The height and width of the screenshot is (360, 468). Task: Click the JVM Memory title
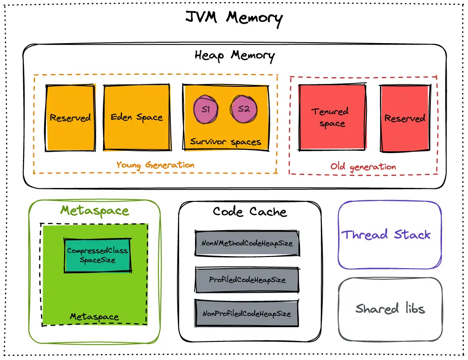coord(234,18)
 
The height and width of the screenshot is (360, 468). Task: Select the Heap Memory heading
coord(234,56)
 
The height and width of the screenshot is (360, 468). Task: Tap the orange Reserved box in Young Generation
coord(70,118)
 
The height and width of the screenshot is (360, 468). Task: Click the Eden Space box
coord(136,117)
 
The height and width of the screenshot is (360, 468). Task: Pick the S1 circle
coord(206,110)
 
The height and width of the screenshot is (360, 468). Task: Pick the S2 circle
coord(244,110)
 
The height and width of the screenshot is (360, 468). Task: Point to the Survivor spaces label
coord(226,142)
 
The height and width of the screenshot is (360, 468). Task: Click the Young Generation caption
coord(155,165)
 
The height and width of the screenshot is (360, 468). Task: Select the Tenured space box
coord(331,117)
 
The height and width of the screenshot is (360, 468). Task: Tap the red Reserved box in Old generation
coord(404,118)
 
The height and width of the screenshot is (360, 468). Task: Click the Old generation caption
coord(363,167)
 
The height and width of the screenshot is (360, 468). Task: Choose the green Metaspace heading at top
coord(95,211)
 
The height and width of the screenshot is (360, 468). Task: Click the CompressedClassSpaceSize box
coord(97,255)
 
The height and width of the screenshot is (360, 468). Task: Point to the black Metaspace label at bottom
coord(94,317)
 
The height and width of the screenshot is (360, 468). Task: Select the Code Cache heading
coord(250,212)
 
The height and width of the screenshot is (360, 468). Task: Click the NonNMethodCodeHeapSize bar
coord(247,243)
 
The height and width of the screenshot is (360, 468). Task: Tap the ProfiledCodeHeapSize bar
coord(247,280)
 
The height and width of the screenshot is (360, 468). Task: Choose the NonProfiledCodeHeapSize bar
coord(247,314)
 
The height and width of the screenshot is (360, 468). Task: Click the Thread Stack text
coord(386,235)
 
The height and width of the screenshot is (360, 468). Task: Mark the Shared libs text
coord(390,309)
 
